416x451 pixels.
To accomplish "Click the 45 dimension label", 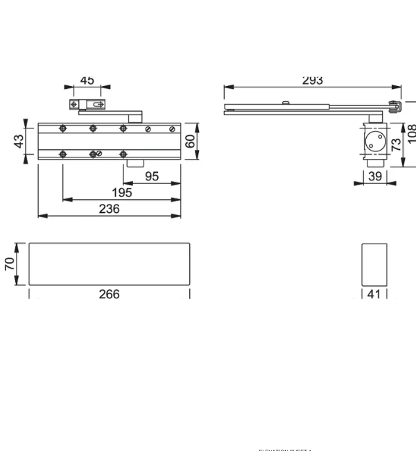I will (87, 80).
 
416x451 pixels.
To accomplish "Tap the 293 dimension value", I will (313, 80).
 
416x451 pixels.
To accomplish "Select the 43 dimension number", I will (19, 140).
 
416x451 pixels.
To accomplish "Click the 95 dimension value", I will (151, 176).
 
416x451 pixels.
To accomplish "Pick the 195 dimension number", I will (123, 193).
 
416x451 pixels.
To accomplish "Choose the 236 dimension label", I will (109, 209).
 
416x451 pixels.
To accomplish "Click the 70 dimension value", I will (10, 264).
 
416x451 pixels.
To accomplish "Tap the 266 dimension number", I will (109, 294).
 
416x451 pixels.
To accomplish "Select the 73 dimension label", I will (397, 145).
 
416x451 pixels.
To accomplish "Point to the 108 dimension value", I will (412, 133).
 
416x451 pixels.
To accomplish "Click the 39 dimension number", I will (375, 176).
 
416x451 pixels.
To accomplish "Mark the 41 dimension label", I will (374, 294).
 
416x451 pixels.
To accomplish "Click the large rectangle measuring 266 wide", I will (109, 264).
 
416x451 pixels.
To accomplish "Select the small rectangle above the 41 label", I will (374, 264).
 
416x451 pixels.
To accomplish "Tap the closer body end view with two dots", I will (374, 144).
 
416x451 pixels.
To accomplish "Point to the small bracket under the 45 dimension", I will (87, 105).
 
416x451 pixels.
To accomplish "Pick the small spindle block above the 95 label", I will (135, 164).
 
